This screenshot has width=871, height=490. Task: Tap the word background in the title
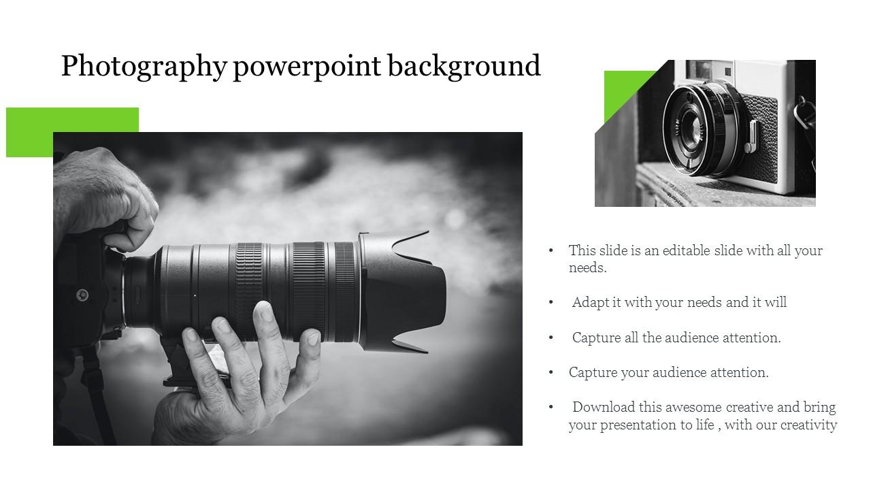click(x=465, y=67)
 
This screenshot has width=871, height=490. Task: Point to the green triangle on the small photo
click(x=623, y=92)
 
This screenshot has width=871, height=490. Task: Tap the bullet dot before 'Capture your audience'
click(x=551, y=372)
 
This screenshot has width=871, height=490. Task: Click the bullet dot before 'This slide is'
click(x=551, y=250)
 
